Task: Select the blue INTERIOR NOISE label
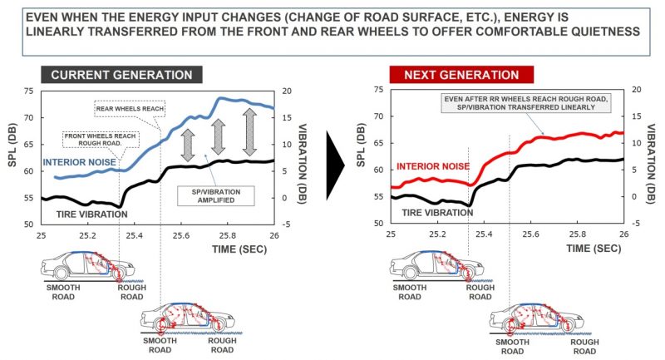(77, 161)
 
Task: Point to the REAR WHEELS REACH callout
(122, 107)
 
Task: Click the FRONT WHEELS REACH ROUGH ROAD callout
(96, 140)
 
